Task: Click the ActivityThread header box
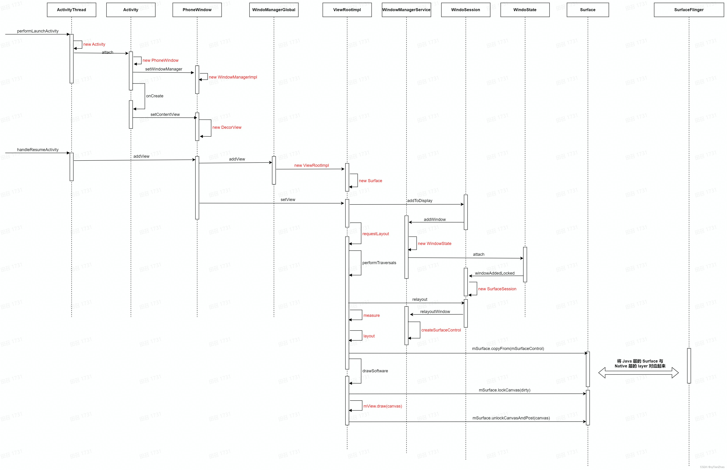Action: pos(71,10)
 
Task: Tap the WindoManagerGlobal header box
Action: pos(274,10)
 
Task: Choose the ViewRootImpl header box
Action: pos(347,10)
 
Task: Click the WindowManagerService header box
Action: pos(406,10)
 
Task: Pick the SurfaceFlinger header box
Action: pos(689,10)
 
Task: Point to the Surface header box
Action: pos(588,10)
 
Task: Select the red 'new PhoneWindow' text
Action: pos(160,60)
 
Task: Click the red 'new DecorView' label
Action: pos(227,127)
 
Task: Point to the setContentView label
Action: pos(165,114)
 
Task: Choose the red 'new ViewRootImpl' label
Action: pos(312,165)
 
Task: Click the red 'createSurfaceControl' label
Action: pos(441,330)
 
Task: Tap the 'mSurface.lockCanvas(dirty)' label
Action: pos(504,390)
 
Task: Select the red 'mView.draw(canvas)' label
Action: pos(383,406)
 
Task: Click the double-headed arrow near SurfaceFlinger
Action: pos(638,373)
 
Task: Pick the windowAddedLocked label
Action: pos(494,273)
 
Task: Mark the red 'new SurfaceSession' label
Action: pos(497,289)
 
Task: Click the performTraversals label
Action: pos(379,263)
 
